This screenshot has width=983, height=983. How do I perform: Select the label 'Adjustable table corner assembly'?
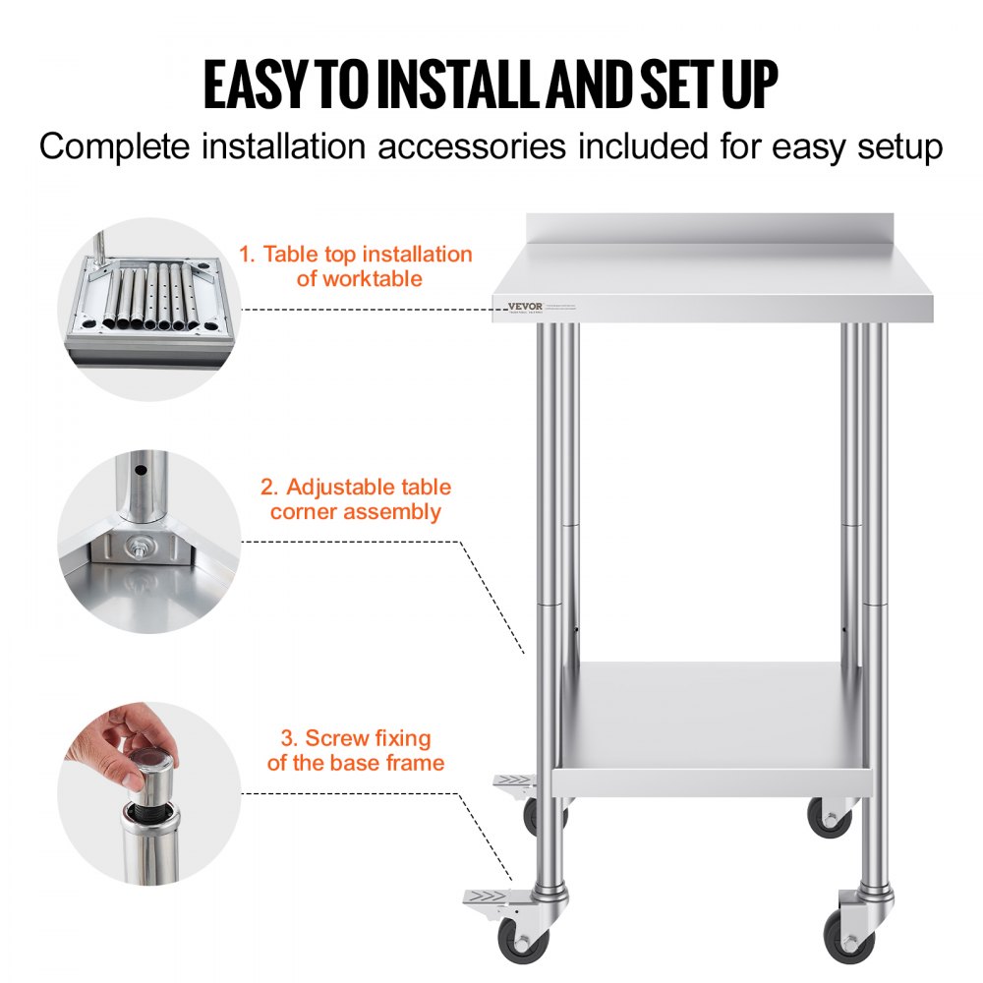pos(356,499)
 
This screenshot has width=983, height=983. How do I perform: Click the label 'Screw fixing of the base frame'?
pos(356,750)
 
